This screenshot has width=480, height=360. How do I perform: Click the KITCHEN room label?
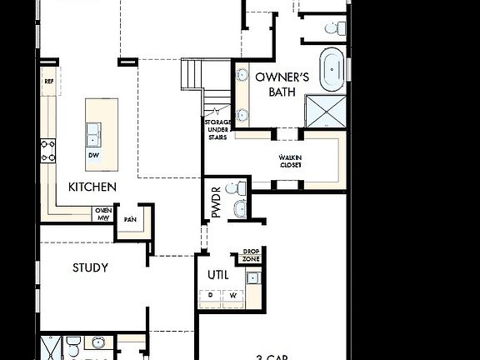(x=92, y=187)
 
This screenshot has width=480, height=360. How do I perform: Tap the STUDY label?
(x=90, y=267)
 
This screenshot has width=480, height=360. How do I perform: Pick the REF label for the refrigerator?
(x=48, y=82)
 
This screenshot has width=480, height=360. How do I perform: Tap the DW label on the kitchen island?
(x=92, y=155)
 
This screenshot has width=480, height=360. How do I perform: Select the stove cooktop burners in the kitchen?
(x=48, y=150)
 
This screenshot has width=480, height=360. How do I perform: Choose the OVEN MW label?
(x=103, y=214)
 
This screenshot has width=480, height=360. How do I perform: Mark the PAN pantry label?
(x=130, y=219)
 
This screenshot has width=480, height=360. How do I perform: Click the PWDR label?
(x=216, y=202)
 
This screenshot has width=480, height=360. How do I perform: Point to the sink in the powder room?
(x=240, y=208)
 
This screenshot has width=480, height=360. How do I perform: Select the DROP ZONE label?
(x=251, y=255)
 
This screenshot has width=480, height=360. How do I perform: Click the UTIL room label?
(x=217, y=275)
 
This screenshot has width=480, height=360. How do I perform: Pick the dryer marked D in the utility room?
(x=211, y=295)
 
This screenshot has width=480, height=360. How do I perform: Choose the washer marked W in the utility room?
(x=232, y=295)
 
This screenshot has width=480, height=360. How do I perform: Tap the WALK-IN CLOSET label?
(x=290, y=161)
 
